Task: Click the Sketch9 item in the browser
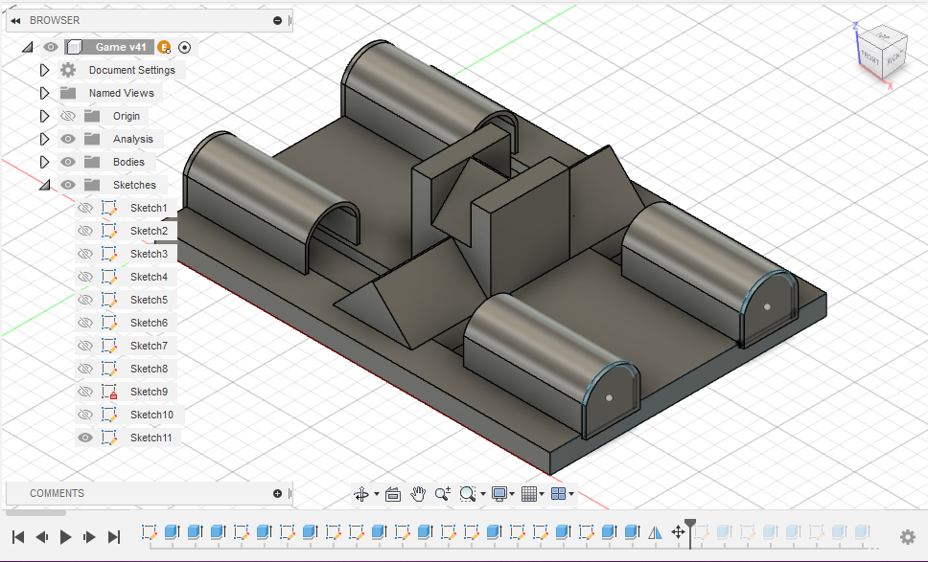coord(149,392)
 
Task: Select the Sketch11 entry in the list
coord(151,438)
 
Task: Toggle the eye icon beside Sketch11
coord(85,438)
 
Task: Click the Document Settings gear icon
coord(68,70)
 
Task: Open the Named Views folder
coord(121,93)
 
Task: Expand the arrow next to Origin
coord(44,116)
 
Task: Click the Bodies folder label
coord(128,162)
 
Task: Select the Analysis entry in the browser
coord(132,139)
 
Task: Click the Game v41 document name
coord(121,47)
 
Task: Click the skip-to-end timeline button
coord(114,537)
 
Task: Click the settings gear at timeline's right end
coord(907,537)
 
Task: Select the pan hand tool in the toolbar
coord(418,494)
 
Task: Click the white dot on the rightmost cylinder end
coord(767,307)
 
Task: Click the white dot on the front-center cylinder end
coord(609,397)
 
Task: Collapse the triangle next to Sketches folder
coord(44,185)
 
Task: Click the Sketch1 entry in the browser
coord(149,208)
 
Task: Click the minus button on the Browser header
coord(277,20)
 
